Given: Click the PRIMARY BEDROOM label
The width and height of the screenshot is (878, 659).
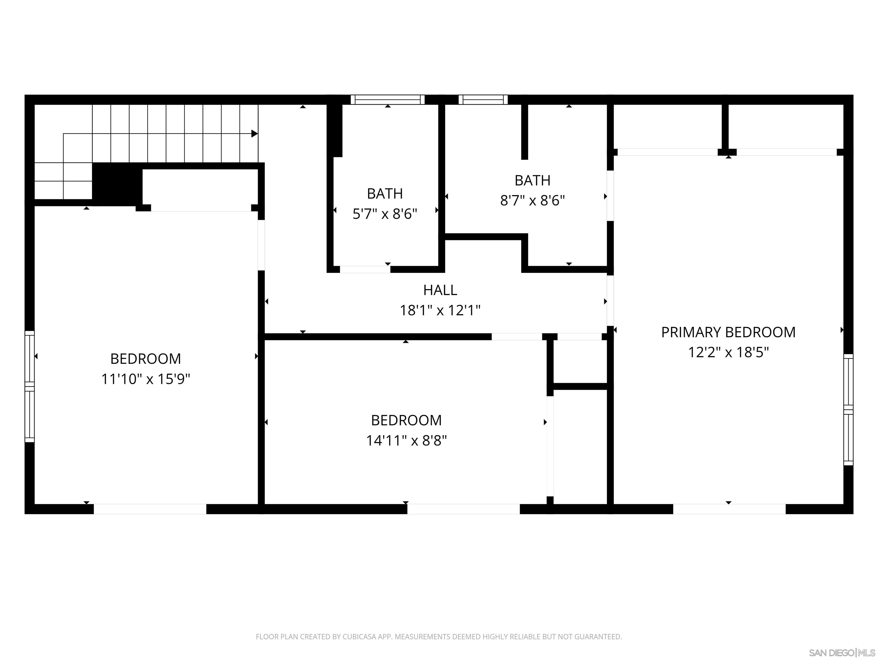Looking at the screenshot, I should [x=728, y=332].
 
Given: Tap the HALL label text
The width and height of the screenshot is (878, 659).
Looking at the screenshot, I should [x=440, y=290].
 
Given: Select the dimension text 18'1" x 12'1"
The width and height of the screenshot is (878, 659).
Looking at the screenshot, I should [x=440, y=310].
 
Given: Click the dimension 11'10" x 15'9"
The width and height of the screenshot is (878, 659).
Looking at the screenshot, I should [x=146, y=379].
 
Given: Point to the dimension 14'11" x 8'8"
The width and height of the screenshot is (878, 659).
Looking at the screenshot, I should [x=406, y=440].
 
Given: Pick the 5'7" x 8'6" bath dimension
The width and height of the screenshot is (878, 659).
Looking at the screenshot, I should [x=385, y=214].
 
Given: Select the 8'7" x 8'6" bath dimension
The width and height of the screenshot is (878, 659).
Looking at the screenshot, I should [x=532, y=200].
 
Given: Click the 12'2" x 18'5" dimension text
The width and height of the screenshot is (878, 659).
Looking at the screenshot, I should [x=728, y=352].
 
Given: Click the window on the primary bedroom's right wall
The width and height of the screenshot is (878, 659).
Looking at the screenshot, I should [x=848, y=409].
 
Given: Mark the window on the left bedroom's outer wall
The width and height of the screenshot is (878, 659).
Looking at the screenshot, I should [x=30, y=386].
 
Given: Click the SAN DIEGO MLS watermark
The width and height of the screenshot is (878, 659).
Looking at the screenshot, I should [x=841, y=653].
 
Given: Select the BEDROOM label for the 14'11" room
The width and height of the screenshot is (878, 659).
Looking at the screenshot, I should [x=406, y=420].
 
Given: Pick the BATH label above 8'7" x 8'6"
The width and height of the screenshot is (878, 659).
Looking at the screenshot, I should [x=532, y=180].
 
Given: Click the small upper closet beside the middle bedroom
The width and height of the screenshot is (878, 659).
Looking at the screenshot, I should [x=580, y=362].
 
